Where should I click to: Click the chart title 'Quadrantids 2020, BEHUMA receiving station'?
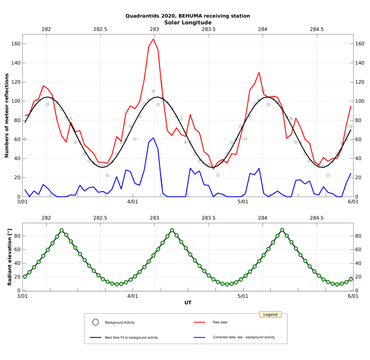point(187,16)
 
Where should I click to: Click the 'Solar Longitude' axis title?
point(187,23)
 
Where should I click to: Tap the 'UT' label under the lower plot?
point(188,303)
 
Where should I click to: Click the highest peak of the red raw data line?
point(153,39)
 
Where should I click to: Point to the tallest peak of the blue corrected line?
point(153,138)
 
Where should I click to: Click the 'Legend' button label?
point(270,314)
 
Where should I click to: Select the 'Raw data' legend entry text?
point(220,322)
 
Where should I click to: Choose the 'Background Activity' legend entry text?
point(120,323)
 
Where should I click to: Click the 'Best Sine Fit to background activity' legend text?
point(131,337)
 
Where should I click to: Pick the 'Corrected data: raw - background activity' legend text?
point(244,337)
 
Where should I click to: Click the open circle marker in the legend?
point(95,322)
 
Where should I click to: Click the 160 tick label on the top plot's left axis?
point(15,44)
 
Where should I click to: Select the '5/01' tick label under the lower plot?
point(243,296)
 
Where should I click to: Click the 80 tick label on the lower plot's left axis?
point(16,236)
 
